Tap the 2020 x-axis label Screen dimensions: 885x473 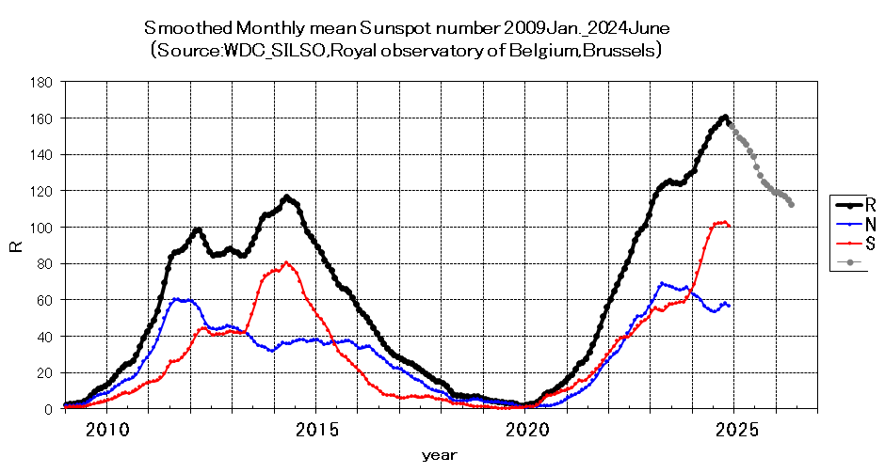pos(527,430)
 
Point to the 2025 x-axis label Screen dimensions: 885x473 pos(736,430)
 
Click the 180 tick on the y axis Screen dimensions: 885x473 pos(41,83)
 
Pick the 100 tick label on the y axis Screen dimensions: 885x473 pos(41,228)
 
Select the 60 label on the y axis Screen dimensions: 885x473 pos(44,301)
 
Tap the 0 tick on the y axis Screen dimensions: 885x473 pos(49,410)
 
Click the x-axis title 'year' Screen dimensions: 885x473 pos(439,455)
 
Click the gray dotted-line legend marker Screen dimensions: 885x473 pos(849,262)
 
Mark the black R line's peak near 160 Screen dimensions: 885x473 pos(725,117)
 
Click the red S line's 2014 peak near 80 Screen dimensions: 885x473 pos(286,262)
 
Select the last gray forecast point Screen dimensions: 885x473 pos(791,205)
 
